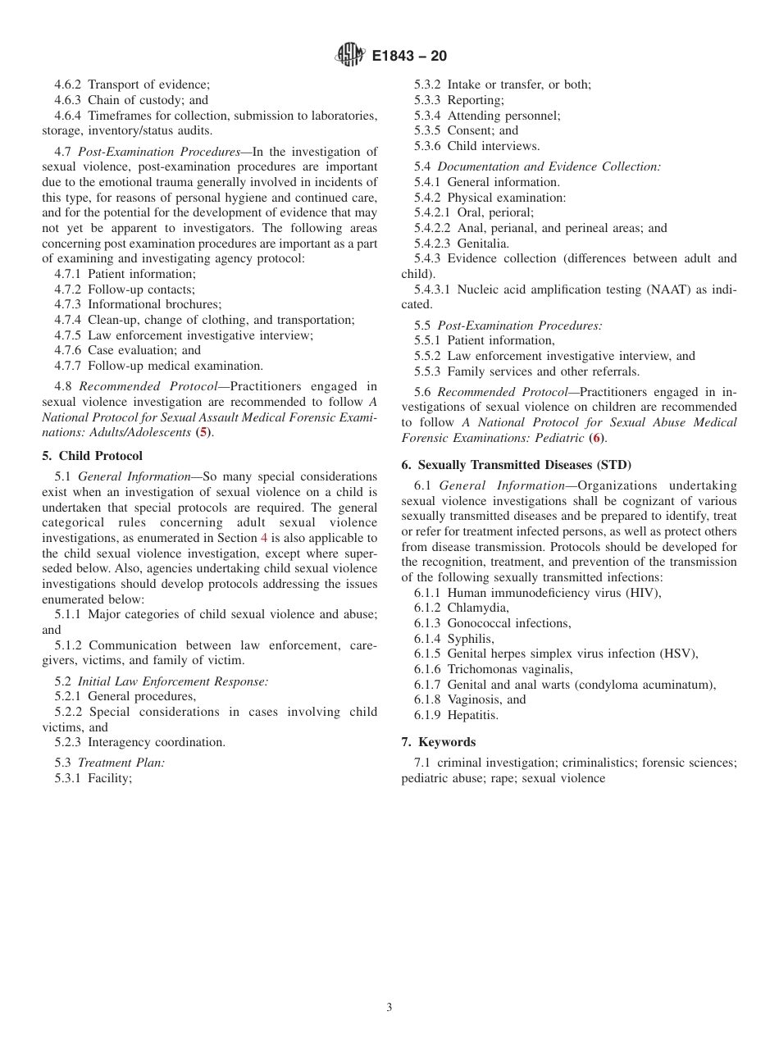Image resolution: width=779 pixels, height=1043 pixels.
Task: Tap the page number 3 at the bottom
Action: [x=389, y=1008]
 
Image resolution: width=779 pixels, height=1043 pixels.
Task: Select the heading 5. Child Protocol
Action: [x=92, y=456]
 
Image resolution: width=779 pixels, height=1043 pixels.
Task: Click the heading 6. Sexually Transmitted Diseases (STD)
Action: [x=516, y=465]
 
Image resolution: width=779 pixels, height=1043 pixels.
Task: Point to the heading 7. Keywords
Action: [x=438, y=742]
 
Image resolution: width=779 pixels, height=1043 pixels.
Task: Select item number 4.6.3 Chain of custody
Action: [x=131, y=100]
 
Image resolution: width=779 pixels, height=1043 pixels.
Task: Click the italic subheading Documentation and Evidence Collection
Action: [x=549, y=166]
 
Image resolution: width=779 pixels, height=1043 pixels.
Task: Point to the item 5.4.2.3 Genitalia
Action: [x=462, y=244]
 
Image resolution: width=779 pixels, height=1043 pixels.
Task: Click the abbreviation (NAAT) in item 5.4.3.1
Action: [x=649, y=289]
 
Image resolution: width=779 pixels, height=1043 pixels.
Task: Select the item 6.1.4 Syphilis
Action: [x=453, y=639]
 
